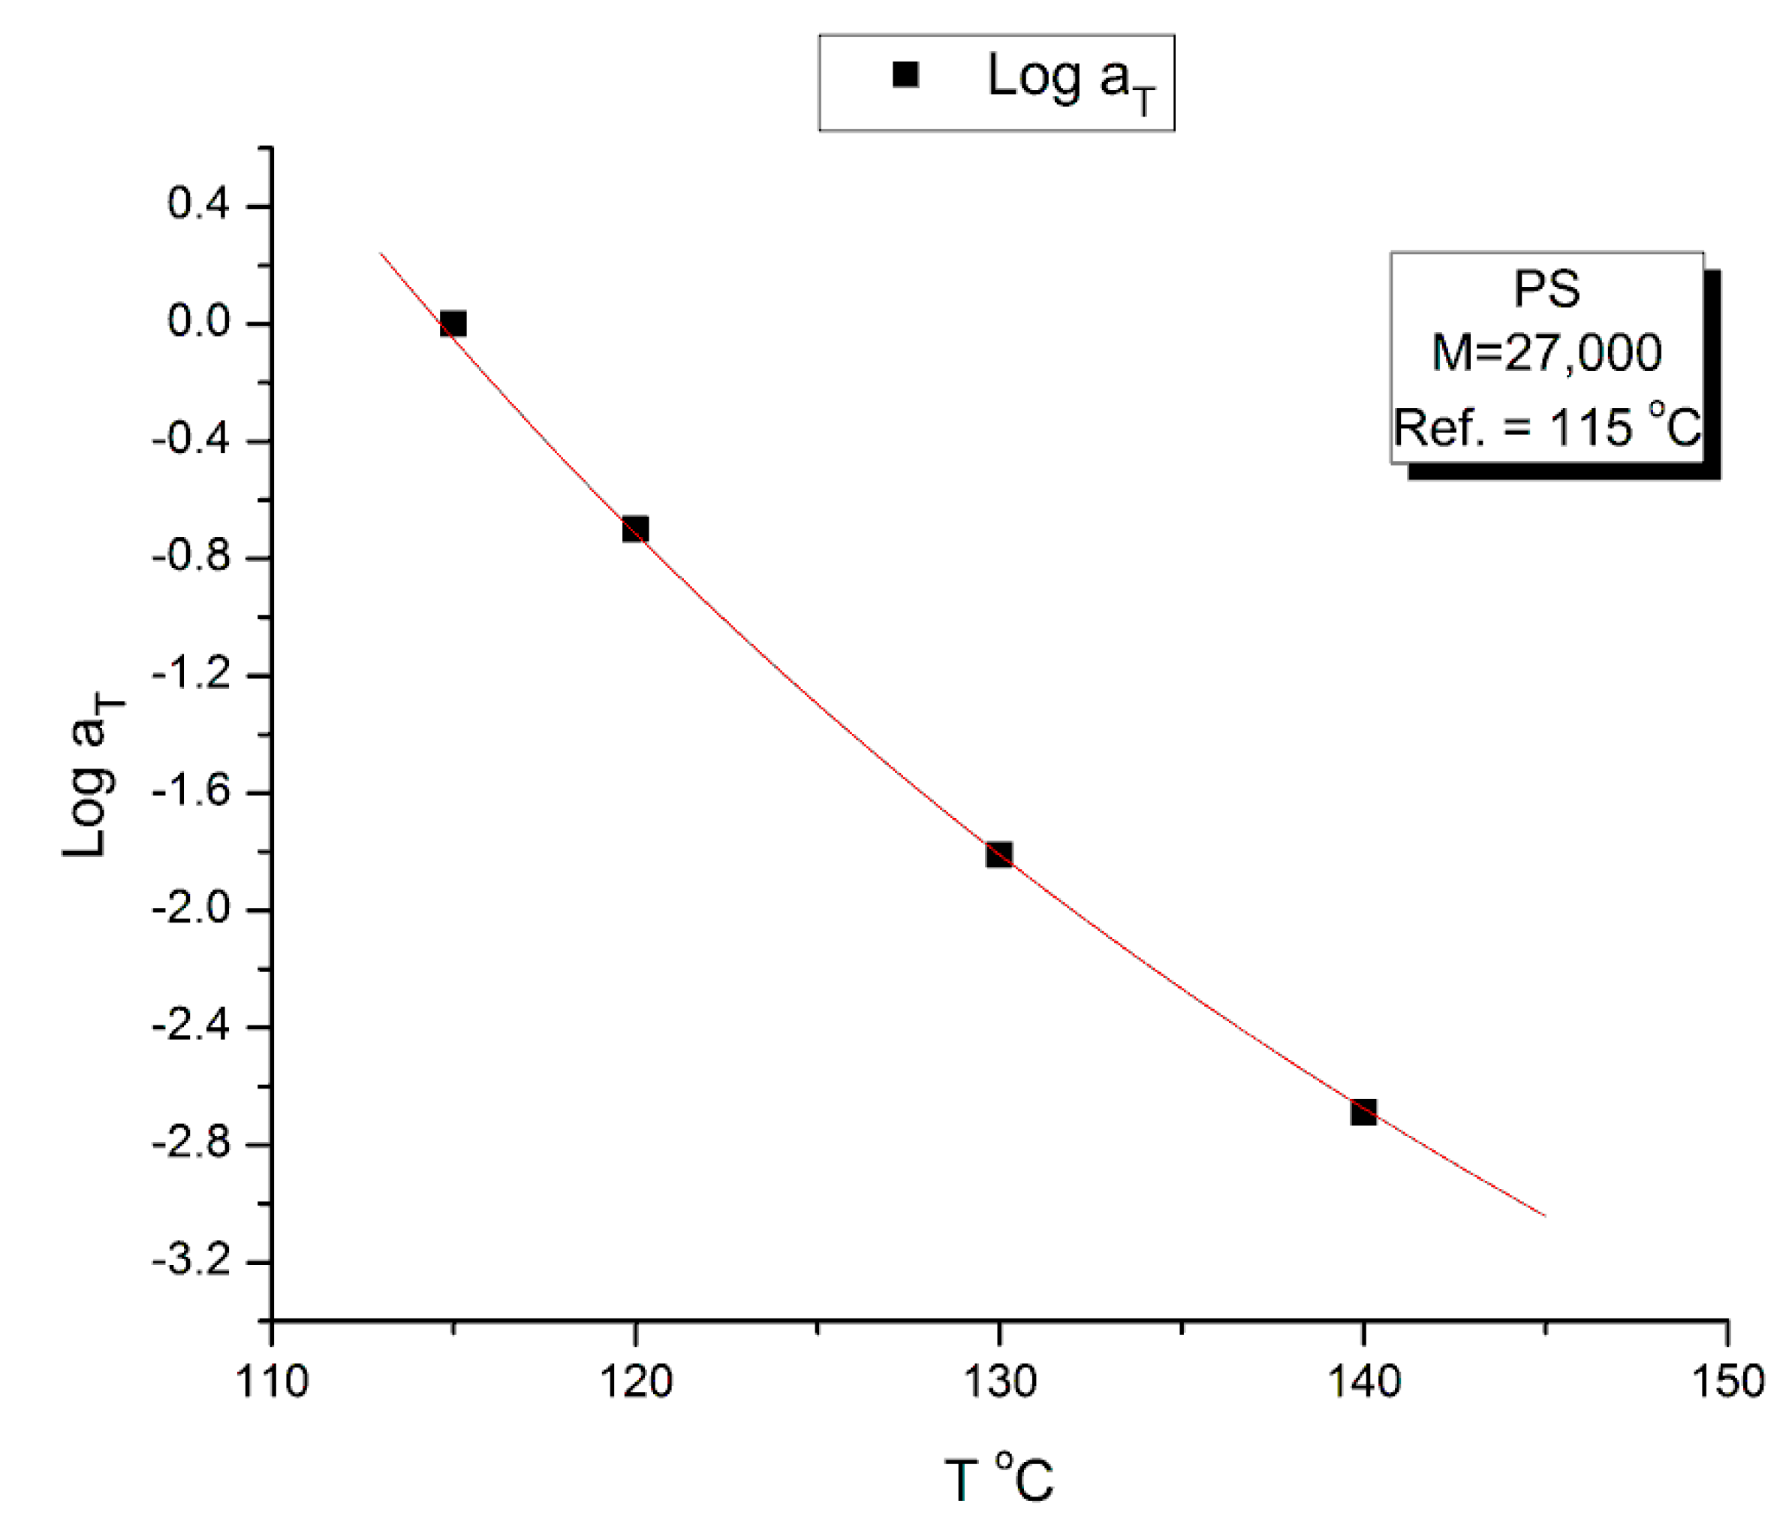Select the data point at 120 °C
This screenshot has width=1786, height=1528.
click(x=635, y=529)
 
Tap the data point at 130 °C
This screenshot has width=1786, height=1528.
click(x=999, y=855)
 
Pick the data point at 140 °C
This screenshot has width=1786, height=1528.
click(x=1363, y=1113)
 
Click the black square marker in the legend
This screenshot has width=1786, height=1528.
click(x=905, y=75)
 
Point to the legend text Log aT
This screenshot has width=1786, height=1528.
click(x=1070, y=80)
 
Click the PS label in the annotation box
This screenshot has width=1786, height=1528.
click(x=1547, y=289)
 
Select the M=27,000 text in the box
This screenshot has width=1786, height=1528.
click(x=1547, y=352)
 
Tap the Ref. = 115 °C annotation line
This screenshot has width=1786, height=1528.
click(x=1547, y=426)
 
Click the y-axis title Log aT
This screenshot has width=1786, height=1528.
click(x=91, y=776)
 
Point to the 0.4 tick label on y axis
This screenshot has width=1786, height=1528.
click(x=198, y=205)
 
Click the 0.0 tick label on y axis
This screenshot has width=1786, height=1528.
click(x=198, y=322)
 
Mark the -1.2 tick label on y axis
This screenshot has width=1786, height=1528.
click(x=191, y=675)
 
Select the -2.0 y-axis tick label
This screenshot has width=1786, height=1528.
click(x=191, y=909)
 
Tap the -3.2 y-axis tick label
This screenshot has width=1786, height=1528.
click(x=191, y=1261)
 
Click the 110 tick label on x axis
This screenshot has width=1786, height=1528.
click(x=272, y=1382)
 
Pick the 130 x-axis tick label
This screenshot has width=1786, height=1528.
click(x=999, y=1382)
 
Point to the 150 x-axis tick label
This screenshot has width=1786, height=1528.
click(x=1727, y=1382)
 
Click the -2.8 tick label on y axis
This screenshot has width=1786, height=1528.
click(x=191, y=1143)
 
